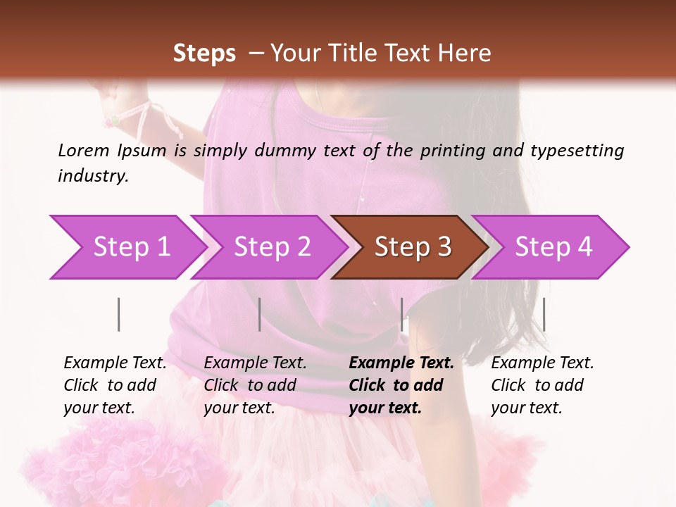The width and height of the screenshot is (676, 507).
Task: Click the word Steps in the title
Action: click(x=204, y=53)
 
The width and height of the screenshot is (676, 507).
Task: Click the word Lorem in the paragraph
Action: click(x=83, y=150)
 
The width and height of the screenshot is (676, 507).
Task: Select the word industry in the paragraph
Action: click(x=93, y=176)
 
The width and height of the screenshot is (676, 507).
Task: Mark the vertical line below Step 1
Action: click(x=119, y=314)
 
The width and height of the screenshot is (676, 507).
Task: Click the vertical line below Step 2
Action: click(x=260, y=314)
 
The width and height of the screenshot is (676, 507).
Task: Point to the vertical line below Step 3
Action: click(x=401, y=314)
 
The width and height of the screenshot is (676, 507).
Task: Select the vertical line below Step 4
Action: click(x=544, y=314)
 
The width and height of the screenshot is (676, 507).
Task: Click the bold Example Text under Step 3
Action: click(x=401, y=363)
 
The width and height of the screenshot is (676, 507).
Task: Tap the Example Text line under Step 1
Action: click(x=115, y=363)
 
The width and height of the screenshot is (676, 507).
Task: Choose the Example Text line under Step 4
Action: click(x=542, y=363)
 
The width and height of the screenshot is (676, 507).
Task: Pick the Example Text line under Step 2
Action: click(x=255, y=363)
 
